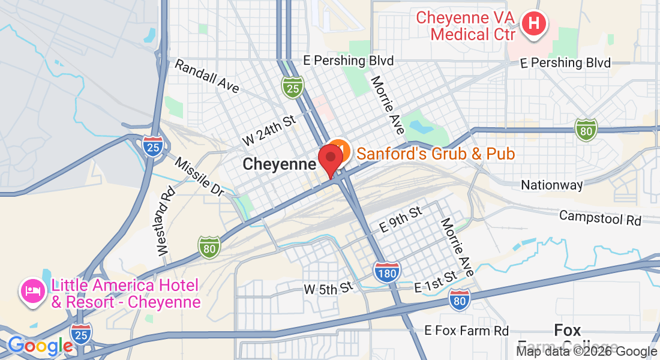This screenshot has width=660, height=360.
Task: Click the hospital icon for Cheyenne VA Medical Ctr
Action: tap(533, 25)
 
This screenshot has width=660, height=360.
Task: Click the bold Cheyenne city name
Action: tap(279, 164)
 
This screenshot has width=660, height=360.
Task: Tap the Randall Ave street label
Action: tap(206, 76)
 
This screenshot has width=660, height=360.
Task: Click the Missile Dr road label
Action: tap(200, 176)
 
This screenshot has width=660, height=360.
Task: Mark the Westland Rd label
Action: tap(166, 221)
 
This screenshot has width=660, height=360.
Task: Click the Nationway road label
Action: tap(551, 185)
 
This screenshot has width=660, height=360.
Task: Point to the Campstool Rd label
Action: tap(600, 217)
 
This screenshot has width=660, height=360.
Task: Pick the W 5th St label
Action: tap(328, 289)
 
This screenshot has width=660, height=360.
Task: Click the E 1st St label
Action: tap(436, 283)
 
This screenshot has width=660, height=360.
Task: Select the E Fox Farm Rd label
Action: tap(466, 331)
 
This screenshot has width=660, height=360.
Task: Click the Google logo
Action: tap(40, 346)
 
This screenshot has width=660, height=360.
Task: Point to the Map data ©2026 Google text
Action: tap(587, 352)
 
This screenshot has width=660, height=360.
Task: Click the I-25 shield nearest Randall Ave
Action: tap(292, 88)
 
